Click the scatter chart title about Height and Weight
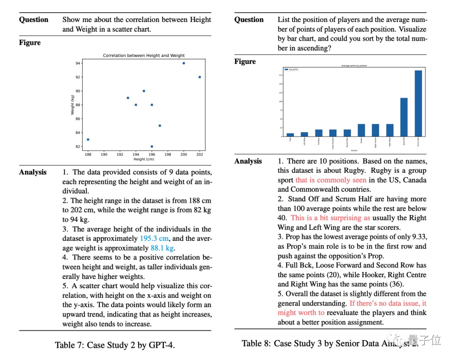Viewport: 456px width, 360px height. pyautogui.click(x=144, y=55)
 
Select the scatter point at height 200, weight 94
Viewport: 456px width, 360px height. pyautogui.click(x=184, y=63)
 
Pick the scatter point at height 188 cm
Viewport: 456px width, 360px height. pyautogui.click(x=88, y=139)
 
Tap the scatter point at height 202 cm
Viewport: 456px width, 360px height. pyautogui.click(x=200, y=77)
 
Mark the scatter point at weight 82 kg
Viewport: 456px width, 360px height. pyautogui.click(x=152, y=147)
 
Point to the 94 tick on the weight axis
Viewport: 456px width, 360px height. pyautogui.click(x=78, y=63)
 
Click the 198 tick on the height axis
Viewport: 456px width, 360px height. pyautogui.click(x=168, y=155)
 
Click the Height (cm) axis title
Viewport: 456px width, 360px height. pyautogui.click(x=144, y=159)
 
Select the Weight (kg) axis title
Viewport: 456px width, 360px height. pyautogui.click(x=73, y=105)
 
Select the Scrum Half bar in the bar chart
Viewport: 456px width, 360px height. pyautogui.click(x=418, y=104)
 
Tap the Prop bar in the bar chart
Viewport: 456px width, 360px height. pyautogui.click(x=290, y=135)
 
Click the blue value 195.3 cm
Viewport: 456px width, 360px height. pyautogui.click(x=154, y=239)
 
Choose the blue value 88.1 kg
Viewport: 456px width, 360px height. pyautogui.click(x=162, y=248)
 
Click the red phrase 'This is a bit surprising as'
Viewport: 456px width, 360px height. pyautogui.click(x=330, y=218)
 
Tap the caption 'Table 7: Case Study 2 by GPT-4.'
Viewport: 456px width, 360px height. pyautogui.click(x=115, y=345)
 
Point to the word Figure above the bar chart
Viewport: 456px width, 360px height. pyautogui.click(x=245, y=62)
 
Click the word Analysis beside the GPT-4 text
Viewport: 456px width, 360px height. pyautogui.click(x=33, y=172)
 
